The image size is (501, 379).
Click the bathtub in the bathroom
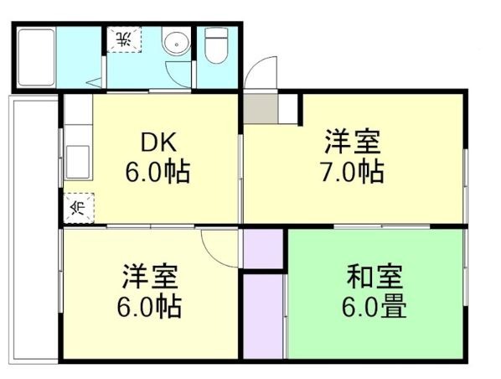click(35, 56)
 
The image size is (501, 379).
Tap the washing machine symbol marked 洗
click(123, 39)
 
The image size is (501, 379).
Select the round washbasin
click(175, 44)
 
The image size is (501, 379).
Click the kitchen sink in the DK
click(78, 158)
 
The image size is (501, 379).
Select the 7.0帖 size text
click(353, 172)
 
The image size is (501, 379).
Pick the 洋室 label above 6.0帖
click(151, 276)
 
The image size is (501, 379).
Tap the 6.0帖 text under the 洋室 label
click(151, 306)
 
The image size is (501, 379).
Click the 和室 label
click(375, 276)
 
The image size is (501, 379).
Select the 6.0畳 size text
click(375, 306)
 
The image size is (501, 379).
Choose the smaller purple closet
click(264, 248)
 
